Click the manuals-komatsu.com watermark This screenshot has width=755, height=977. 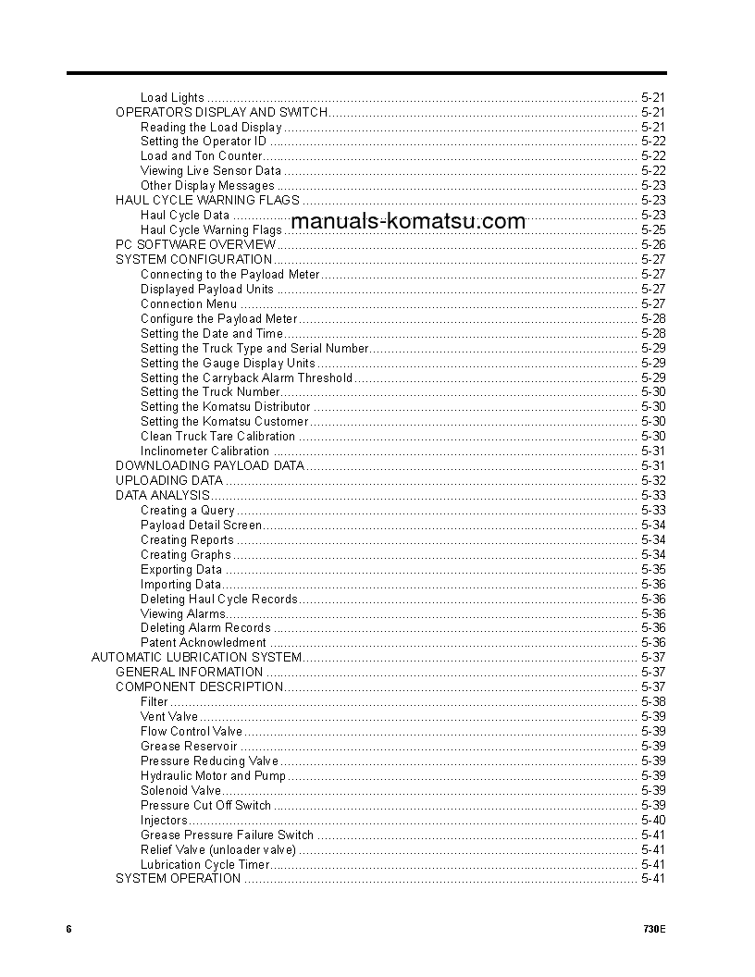[407, 221]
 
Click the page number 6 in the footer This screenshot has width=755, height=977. [68, 929]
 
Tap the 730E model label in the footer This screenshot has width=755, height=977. [653, 929]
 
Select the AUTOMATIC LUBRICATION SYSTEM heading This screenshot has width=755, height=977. [196, 657]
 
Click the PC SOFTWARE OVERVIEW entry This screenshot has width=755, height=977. [195, 244]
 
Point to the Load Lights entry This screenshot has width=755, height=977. [172, 97]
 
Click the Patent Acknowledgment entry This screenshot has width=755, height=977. [203, 642]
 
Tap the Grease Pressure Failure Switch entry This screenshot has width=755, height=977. [227, 835]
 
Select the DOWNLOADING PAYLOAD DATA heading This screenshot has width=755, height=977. [209, 465]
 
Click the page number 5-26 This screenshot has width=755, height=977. [652, 244]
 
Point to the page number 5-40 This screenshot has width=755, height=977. [652, 820]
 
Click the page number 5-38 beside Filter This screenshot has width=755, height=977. [652, 701]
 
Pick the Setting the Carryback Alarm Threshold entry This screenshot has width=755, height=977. [246, 377]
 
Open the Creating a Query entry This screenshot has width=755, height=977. [188, 510]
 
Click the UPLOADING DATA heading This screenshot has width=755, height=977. [169, 480]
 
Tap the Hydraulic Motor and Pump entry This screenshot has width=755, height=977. [213, 775]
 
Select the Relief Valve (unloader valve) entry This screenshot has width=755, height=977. [218, 849]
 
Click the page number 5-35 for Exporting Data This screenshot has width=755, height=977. [652, 569]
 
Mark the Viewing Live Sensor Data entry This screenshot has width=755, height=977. [211, 170]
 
